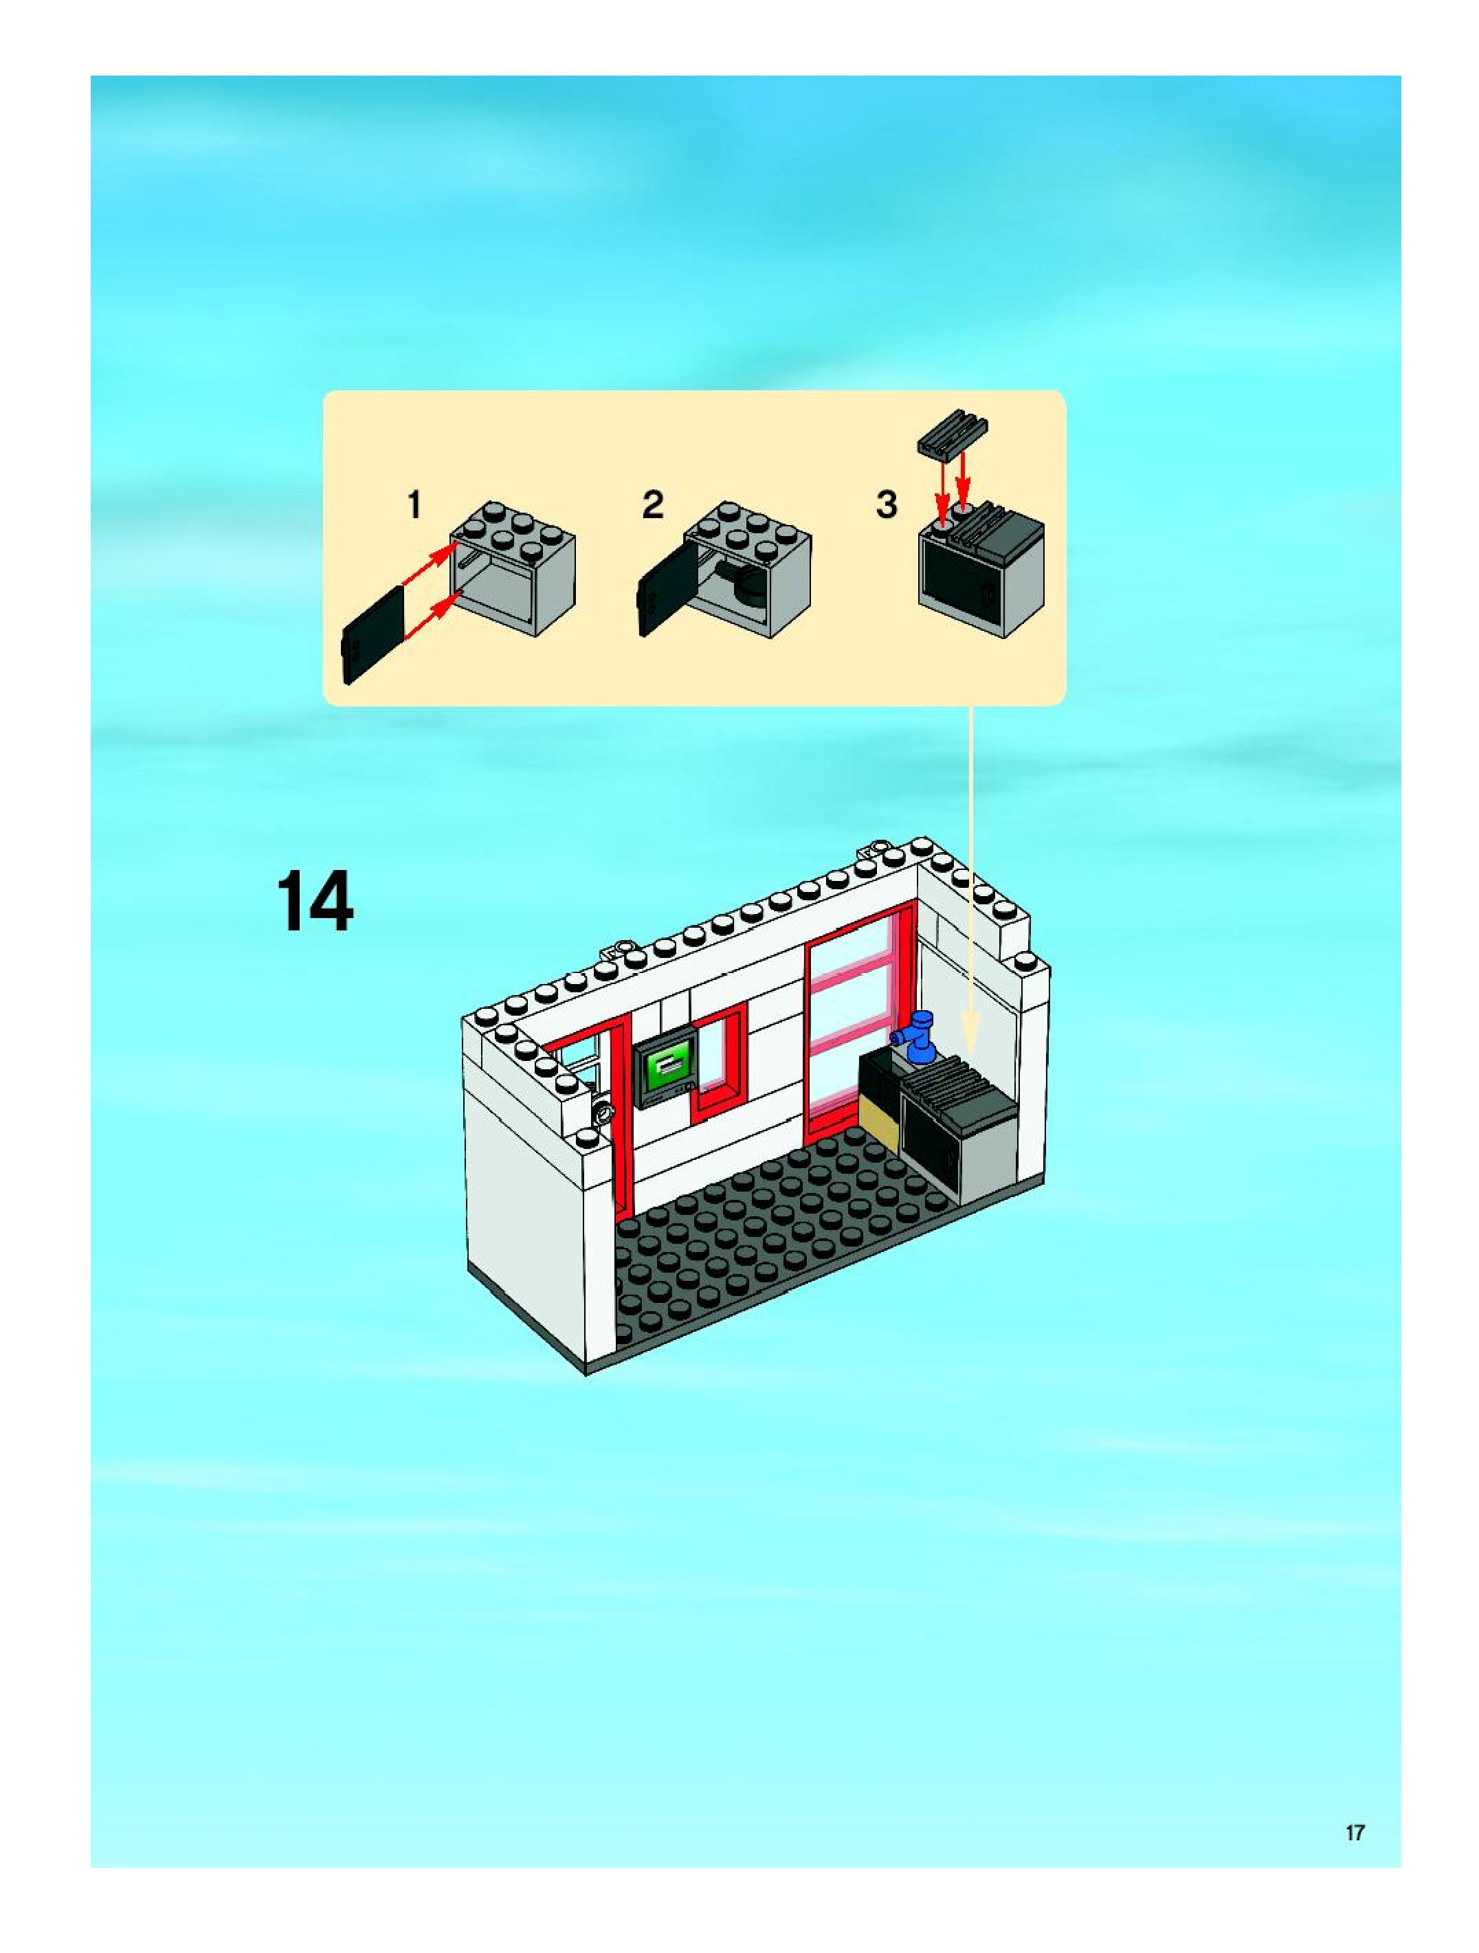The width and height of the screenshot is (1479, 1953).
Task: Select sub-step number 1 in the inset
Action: click(x=413, y=506)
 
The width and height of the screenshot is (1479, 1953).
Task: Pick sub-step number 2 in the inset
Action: click(x=652, y=505)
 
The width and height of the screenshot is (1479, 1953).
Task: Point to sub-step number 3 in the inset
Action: click(x=886, y=505)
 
